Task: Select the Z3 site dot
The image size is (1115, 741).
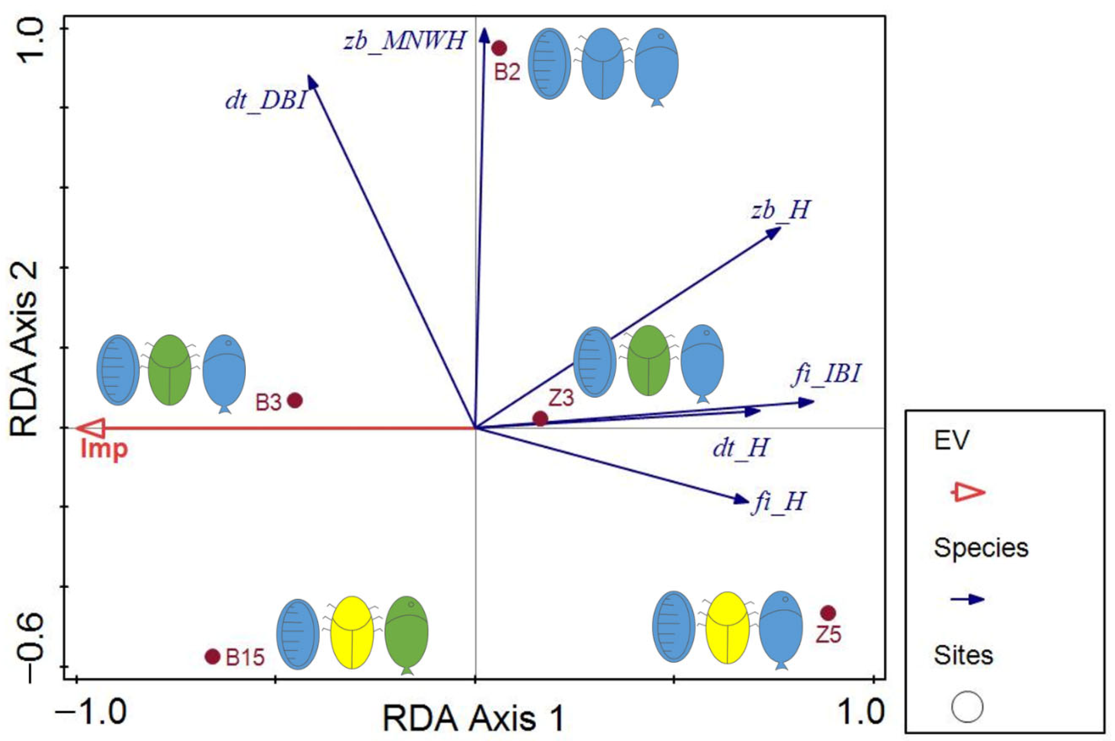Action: click(540, 418)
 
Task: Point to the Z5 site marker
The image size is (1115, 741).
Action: click(828, 613)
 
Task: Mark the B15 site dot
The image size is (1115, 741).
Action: click(213, 656)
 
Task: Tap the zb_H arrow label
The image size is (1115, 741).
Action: click(780, 210)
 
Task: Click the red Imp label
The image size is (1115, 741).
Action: click(104, 449)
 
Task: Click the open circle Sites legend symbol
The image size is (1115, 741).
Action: click(967, 707)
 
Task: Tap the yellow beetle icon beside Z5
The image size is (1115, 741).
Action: click(727, 627)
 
